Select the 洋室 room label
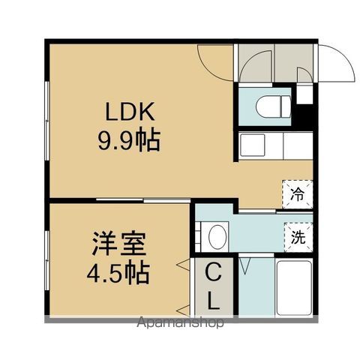coord(118,244)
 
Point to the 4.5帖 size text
coord(118,271)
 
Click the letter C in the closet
coord(213,271)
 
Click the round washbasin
coord(217,237)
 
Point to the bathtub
coord(293,289)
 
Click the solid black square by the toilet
coord(304,94)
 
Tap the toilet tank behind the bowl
coord(283,106)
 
